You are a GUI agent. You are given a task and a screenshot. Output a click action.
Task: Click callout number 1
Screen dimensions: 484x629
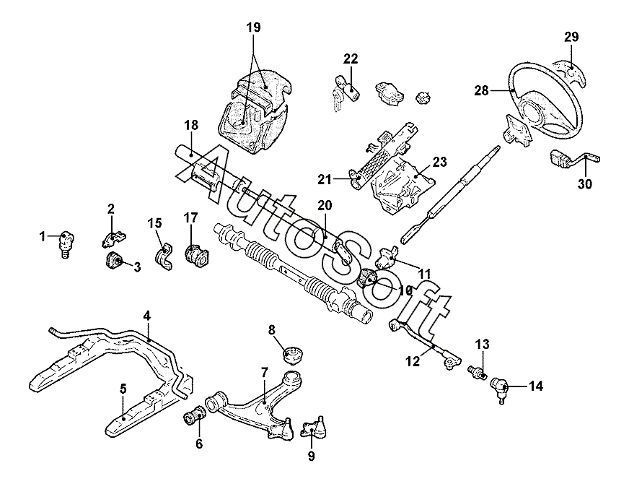pos(43,236)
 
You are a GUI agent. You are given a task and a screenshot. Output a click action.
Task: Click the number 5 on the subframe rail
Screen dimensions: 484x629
pos(123,389)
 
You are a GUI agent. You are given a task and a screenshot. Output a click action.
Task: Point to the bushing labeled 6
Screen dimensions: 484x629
pos(195,417)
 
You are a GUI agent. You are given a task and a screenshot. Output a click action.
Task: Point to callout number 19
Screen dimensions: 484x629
pos(252,27)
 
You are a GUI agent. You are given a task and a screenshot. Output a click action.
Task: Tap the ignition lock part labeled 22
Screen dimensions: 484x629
pos(346,91)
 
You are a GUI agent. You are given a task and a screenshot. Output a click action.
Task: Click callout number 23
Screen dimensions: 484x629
pos(441,163)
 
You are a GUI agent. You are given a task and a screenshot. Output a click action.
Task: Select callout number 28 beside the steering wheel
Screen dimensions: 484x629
pos(482,91)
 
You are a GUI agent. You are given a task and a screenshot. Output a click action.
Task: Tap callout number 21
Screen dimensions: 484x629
pos(324,178)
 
